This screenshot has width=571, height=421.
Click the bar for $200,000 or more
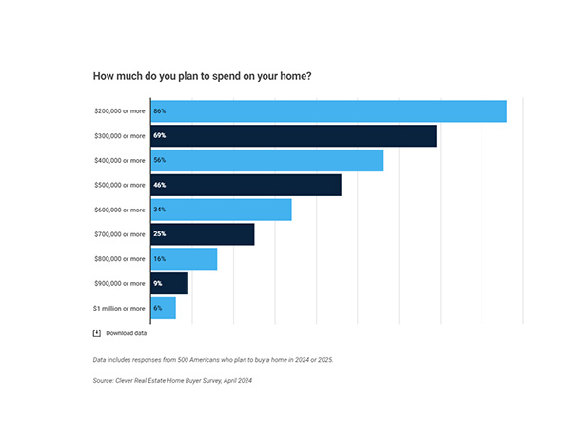328,110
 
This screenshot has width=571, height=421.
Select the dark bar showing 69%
293,135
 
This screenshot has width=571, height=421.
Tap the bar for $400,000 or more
266,160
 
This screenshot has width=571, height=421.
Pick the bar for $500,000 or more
246,185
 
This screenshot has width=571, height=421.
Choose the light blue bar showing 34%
221,210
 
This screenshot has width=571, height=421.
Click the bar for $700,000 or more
202,234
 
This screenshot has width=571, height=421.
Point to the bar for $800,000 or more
184,259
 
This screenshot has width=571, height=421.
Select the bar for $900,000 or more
169,283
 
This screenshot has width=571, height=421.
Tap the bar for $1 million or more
164,308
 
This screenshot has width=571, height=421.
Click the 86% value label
160,110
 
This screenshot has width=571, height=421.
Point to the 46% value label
160,185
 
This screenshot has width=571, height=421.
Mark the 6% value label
158,308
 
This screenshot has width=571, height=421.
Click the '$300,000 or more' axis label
120,135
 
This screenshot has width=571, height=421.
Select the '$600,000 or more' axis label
120,210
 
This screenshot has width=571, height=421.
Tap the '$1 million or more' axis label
120,308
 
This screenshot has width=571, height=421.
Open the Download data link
126,333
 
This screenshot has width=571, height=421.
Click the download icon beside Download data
97,333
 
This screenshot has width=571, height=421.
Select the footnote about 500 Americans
213,360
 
